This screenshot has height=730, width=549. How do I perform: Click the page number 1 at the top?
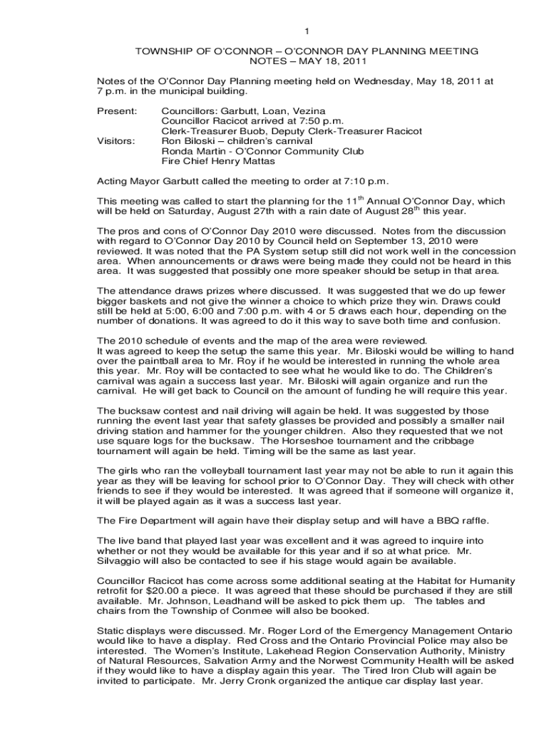coord(307,31)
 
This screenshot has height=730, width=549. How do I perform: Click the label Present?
coord(116,112)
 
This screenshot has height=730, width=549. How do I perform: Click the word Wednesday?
coord(369,82)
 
